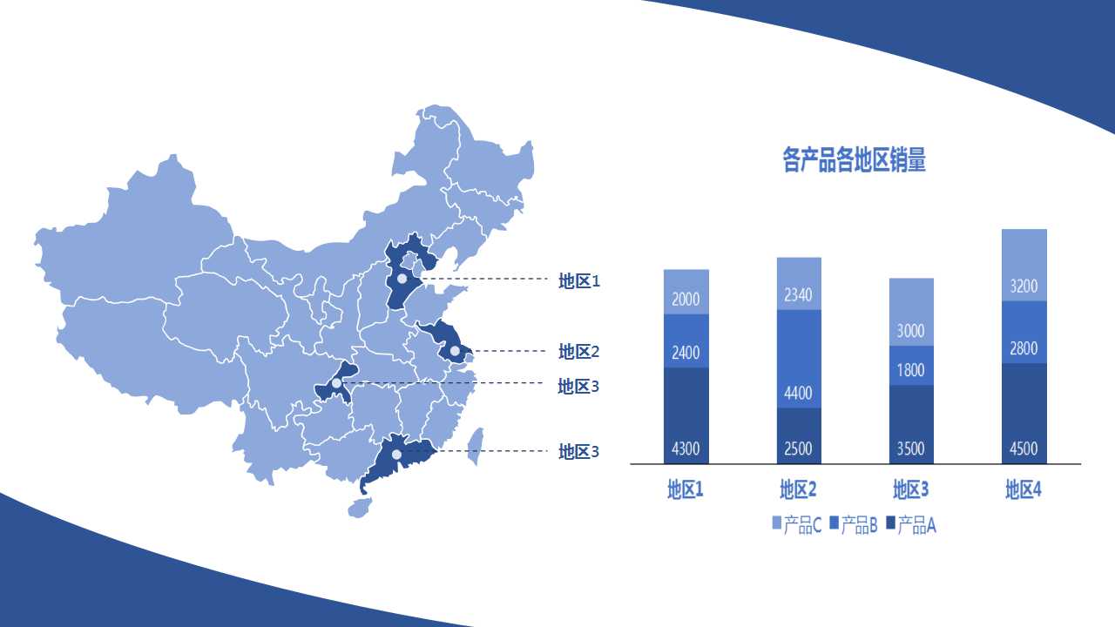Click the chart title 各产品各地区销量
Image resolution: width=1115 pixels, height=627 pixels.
click(x=854, y=160)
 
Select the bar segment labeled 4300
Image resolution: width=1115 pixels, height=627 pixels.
click(x=686, y=415)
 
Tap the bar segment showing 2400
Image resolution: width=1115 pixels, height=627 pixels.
click(x=686, y=341)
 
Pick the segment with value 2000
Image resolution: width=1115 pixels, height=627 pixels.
click(x=686, y=292)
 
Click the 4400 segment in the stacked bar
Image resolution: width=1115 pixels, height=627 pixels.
click(x=798, y=359)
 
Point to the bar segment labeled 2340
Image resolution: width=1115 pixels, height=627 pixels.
click(x=798, y=284)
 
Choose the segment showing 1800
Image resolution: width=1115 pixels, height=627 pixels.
click(x=910, y=366)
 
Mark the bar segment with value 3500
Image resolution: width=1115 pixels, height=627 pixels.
click(x=910, y=424)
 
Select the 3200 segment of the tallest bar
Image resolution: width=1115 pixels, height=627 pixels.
click(x=1024, y=266)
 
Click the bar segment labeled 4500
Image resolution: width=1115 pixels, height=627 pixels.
click(x=1024, y=414)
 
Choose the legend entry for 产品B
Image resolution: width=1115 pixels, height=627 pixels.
click(x=853, y=524)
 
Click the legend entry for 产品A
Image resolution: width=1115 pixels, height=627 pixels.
click(x=910, y=524)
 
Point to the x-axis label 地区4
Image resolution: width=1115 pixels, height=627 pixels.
click(x=1024, y=489)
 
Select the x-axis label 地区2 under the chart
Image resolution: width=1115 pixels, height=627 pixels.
click(x=798, y=489)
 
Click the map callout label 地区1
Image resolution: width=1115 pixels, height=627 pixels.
click(x=579, y=281)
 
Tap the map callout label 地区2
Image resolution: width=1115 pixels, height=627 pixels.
click(x=579, y=352)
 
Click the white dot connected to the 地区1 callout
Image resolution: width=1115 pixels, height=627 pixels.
click(x=402, y=280)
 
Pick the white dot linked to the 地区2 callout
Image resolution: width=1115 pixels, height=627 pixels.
click(x=455, y=351)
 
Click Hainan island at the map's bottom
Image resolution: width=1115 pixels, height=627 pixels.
click(x=359, y=507)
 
